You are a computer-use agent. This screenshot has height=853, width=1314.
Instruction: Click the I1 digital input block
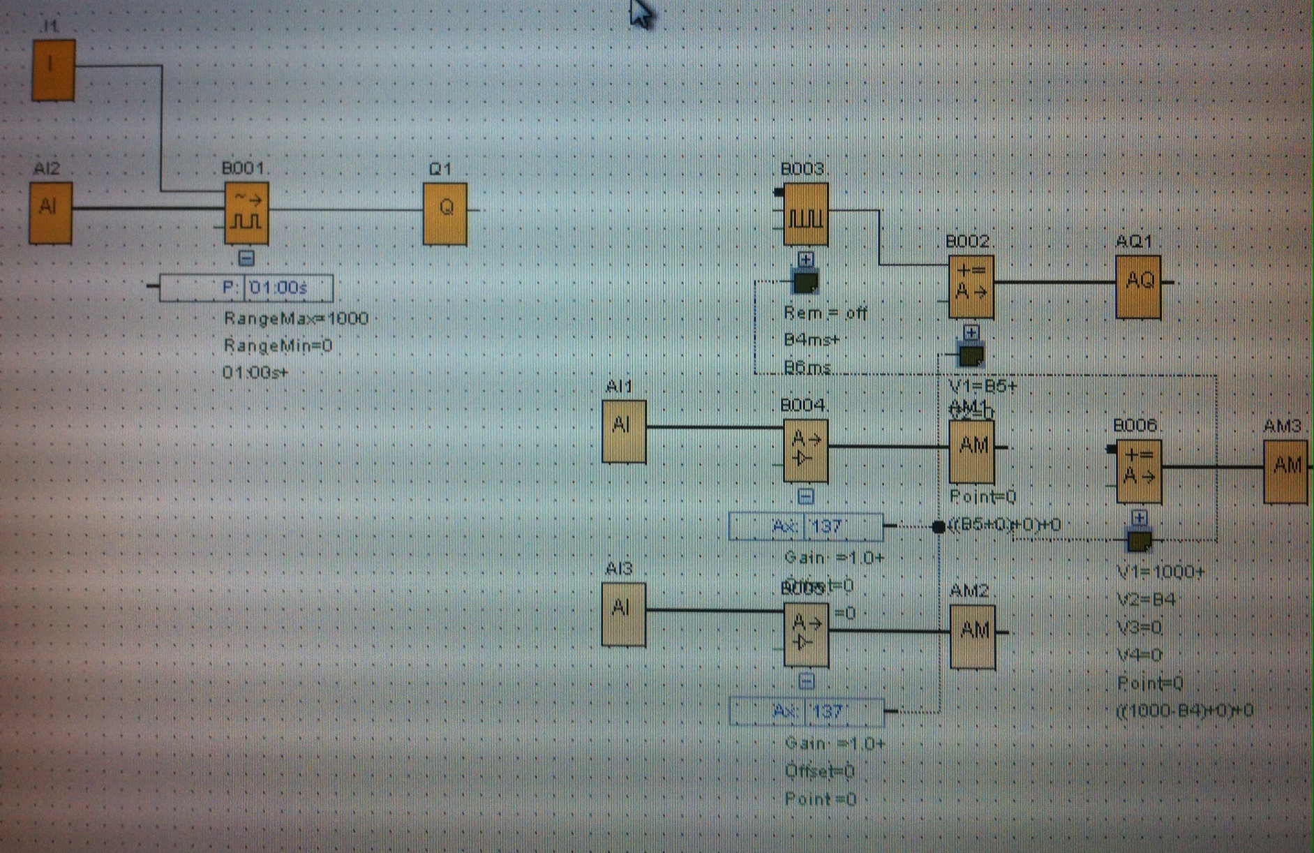pos(54,69)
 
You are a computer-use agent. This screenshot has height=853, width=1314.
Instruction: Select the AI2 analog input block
pos(50,212)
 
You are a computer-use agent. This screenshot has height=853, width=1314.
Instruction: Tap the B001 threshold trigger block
pos(246,213)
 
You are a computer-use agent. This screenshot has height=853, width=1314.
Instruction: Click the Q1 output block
pos(445,213)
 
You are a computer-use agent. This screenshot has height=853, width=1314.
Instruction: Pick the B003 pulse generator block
pos(806,214)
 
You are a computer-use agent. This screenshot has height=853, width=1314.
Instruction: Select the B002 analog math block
pos(971,286)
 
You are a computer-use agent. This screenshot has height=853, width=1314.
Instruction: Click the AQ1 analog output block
pos(1138,285)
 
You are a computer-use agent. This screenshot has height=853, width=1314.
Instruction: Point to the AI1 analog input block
pos(624,430)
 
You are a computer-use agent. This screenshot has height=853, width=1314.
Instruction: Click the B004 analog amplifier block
pos(806,450)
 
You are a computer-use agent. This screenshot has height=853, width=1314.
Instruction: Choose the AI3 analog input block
pos(623,614)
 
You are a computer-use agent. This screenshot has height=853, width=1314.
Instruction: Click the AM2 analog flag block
pos(973,635)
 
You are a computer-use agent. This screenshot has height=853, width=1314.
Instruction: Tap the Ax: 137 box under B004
pos(806,526)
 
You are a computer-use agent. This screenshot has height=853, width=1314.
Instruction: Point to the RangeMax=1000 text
pos(296,319)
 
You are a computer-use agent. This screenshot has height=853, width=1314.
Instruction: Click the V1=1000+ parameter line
pos(1160,572)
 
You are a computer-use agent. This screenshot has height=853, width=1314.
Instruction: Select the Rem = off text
pos(826,313)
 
